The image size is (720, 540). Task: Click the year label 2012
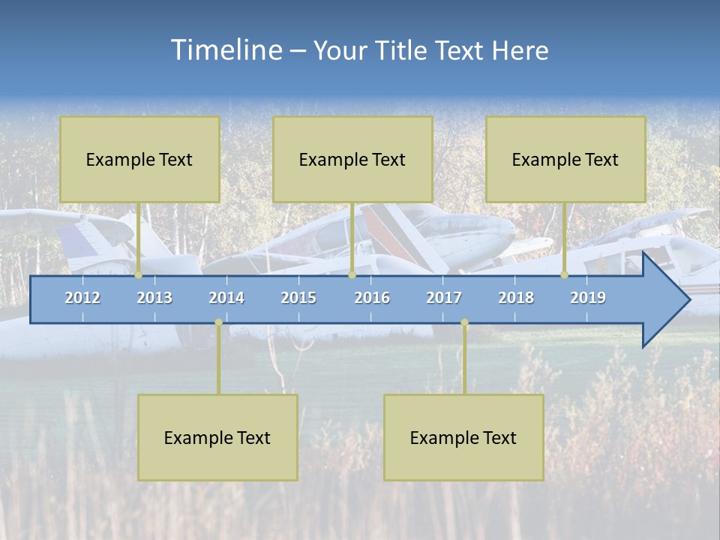click(82, 298)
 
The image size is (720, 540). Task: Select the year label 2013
click(154, 298)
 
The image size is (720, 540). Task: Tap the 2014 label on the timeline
click(226, 298)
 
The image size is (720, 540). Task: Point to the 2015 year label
click(298, 298)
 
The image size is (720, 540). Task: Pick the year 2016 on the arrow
click(372, 298)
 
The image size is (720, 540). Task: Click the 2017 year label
click(444, 298)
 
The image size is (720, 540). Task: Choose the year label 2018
click(516, 298)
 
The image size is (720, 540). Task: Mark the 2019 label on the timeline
click(588, 298)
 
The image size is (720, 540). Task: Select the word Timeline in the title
click(226, 50)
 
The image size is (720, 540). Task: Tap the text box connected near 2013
click(139, 159)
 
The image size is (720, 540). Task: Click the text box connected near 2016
click(352, 159)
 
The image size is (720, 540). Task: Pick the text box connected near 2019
click(565, 159)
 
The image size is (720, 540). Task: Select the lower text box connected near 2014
click(217, 437)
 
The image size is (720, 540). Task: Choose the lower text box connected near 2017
click(463, 437)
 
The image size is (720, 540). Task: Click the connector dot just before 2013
click(139, 275)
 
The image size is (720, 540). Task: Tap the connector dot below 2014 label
click(218, 322)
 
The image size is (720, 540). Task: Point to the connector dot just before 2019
click(565, 275)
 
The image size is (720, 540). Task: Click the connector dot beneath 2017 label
click(464, 322)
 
